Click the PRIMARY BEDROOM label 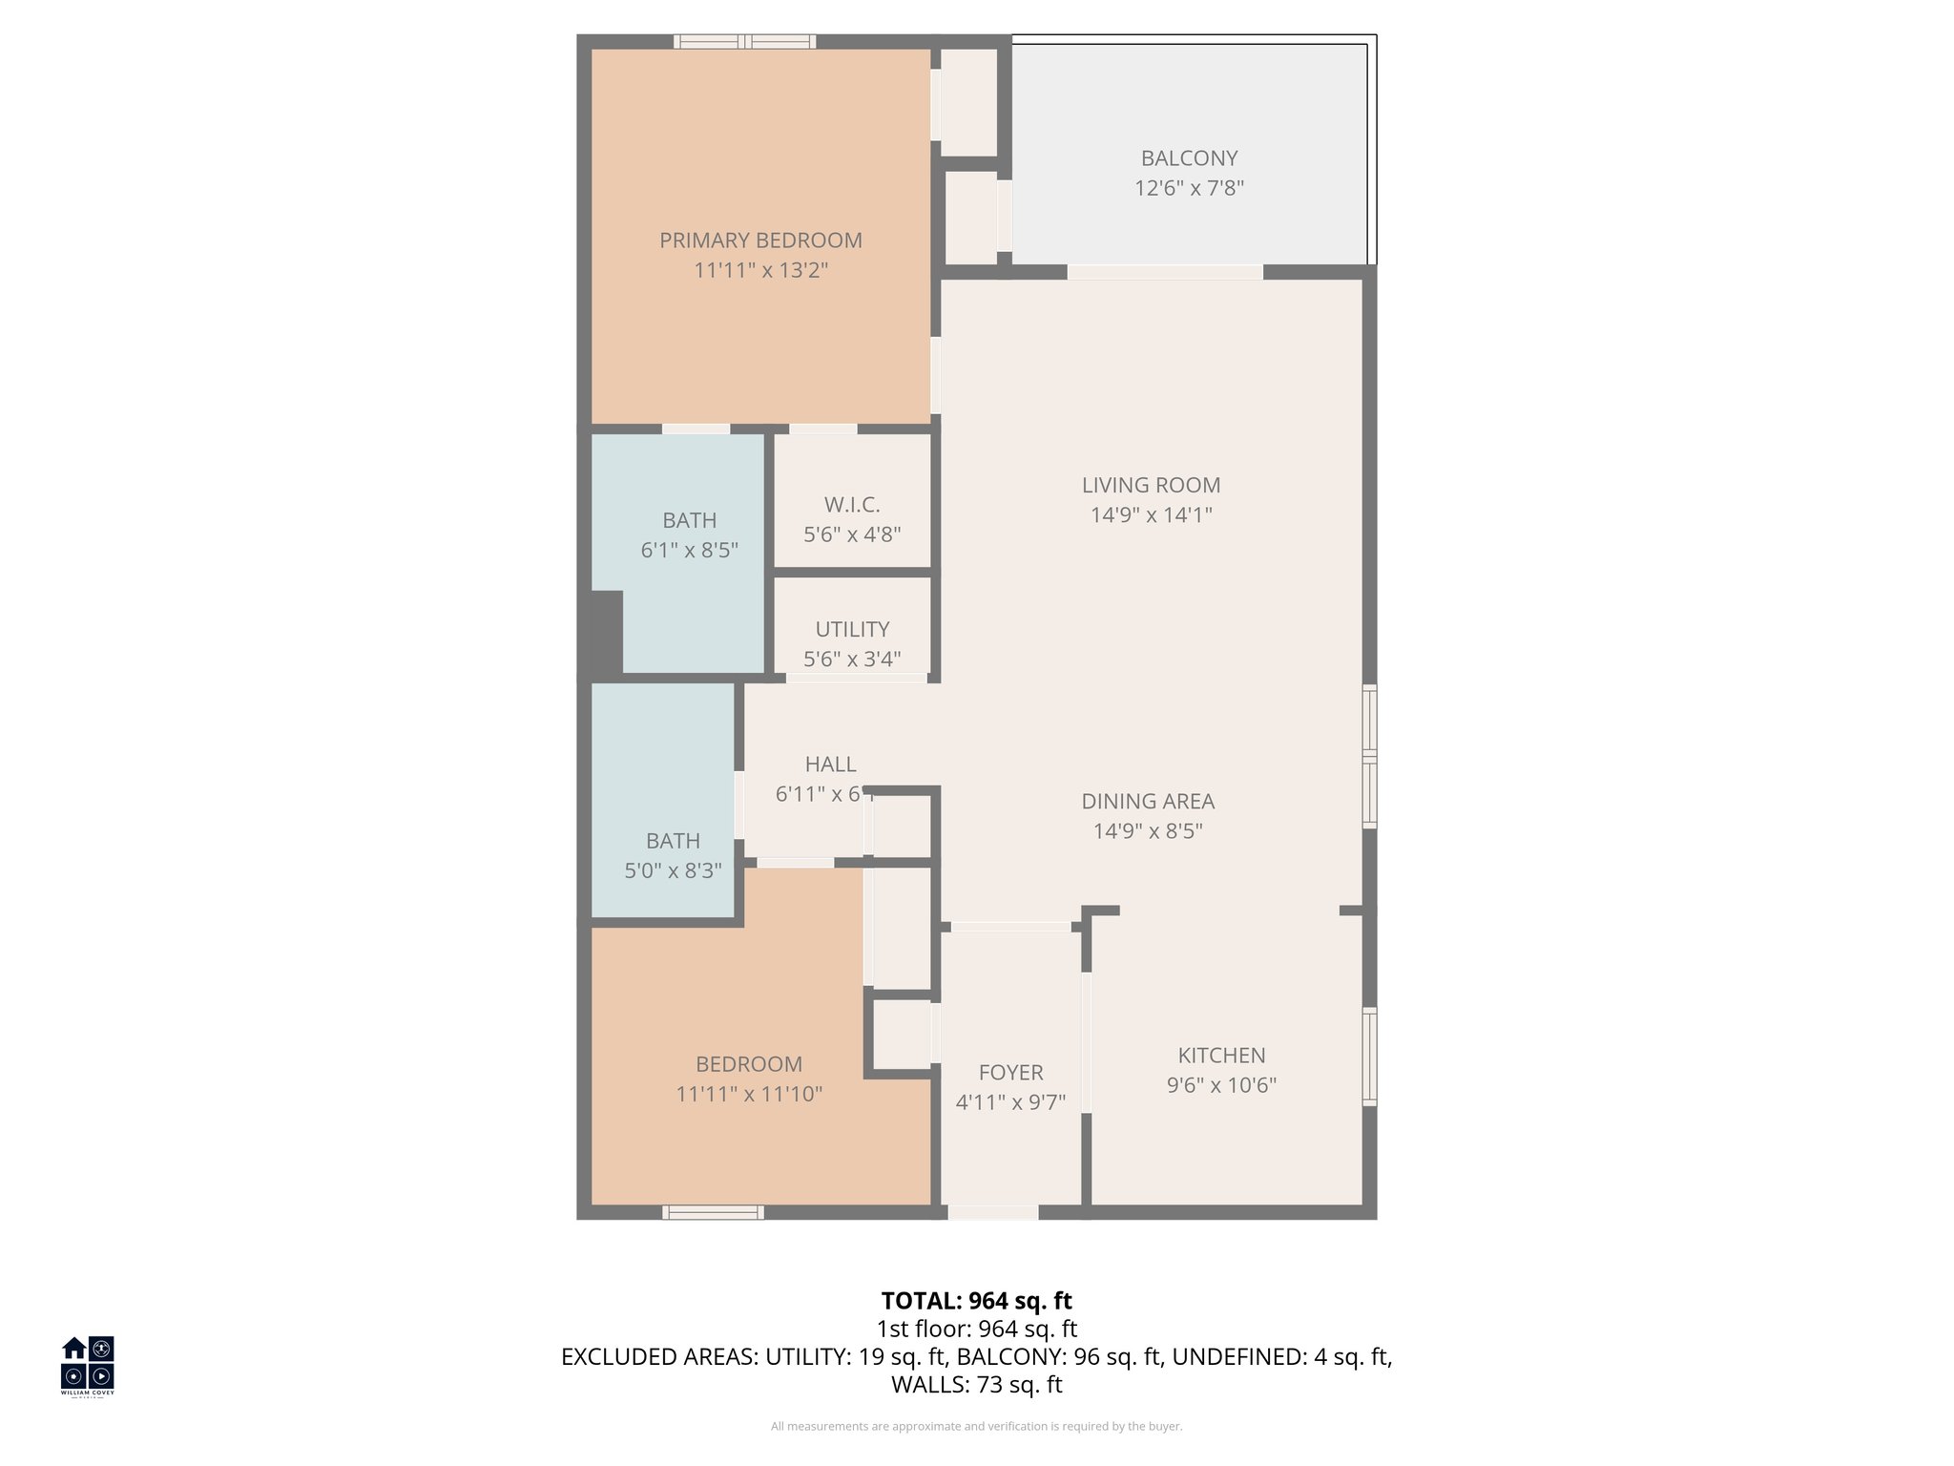(x=760, y=241)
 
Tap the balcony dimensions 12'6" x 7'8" (x=1189, y=188)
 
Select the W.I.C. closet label (x=852, y=505)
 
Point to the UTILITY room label (x=852, y=629)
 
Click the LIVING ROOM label (x=1151, y=485)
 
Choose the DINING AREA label (x=1147, y=801)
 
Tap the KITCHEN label (x=1221, y=1055)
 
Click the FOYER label (x=1010, y=1072)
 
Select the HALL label (x=830, y=764)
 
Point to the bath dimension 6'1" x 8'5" (x=689, y=551)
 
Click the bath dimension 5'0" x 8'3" (x=673, y=870)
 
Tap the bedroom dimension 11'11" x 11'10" (x=749, y=1094)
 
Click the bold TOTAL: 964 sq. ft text (x=976, y=1301)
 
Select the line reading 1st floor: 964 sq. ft (x=976, y=1329)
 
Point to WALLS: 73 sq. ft (x=976, y=1384)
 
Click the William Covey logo (x=88, y=1365)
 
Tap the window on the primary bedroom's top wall (x=744, y=41)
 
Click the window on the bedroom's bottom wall (x=713, y=1212)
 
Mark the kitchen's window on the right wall (x=1369, y=1057)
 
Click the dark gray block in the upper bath (x=604, y=632)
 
